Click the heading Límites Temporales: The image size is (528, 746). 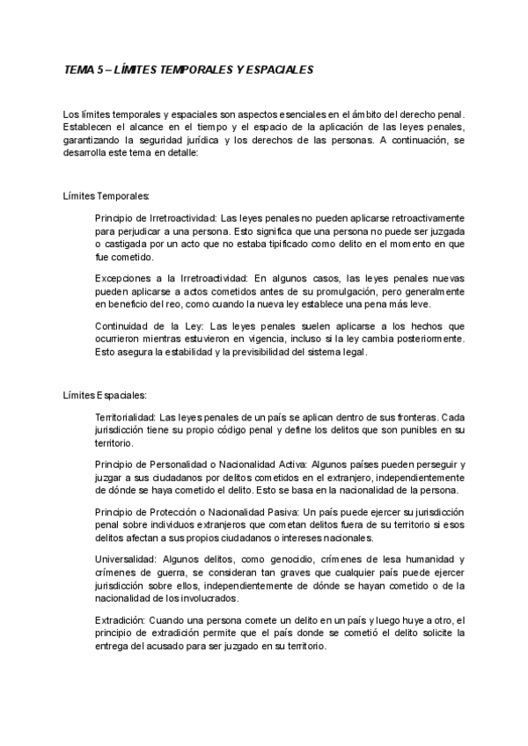coord(106,194)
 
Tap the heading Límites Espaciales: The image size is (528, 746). coord(105,395)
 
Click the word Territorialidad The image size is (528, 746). coord(125,416)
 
